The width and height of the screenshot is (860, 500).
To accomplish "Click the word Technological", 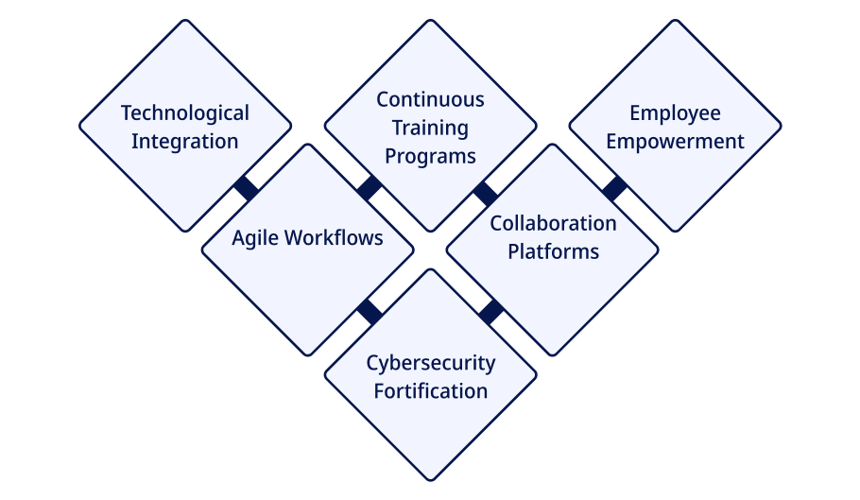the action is pos(185,113).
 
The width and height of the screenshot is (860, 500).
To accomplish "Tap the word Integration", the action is pos(185,142).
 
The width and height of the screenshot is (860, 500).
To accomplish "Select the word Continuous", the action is pos(431,99).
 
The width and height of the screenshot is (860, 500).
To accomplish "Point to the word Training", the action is pos(431,128).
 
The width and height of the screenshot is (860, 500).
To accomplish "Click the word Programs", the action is pos(431,156).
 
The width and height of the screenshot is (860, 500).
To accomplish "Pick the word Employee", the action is pos(675,113).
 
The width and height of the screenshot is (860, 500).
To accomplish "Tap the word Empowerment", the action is pos(675,142).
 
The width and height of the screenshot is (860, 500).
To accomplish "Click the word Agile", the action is pos(254,238).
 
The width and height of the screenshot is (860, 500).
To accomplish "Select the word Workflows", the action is pos(334,238).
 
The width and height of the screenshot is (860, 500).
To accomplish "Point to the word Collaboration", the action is pos(553,224).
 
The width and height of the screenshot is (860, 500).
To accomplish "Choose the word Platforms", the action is pos(553,251).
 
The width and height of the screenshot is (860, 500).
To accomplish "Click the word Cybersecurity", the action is pos(431,363).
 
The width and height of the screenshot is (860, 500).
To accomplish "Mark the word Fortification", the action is pos(431,391).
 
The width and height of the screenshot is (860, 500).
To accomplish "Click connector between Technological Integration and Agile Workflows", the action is pos(247,188).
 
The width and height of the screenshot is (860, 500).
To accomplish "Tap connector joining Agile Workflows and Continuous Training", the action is pos(370,188).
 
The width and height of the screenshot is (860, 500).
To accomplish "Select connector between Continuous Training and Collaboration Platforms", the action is pos(486,194).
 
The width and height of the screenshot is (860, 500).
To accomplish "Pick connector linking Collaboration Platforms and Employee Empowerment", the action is pos(614,188).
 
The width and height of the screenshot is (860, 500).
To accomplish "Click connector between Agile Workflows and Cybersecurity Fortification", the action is pos(370,312).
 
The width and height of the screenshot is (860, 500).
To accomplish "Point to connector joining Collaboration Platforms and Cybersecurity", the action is pos(491,312).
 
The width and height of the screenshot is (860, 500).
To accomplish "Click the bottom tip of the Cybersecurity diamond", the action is pos(431,481).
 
